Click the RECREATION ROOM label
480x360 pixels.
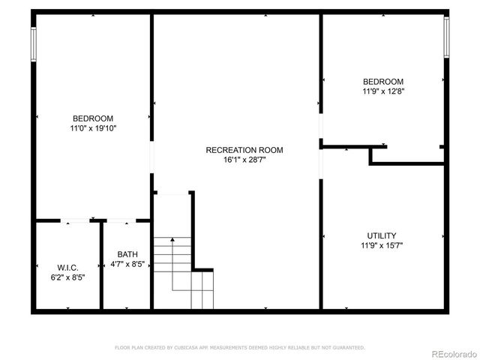(244, 150)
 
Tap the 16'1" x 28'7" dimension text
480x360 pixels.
(244, 160)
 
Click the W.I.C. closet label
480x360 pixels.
(67, 268)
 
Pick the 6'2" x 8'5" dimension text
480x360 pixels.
(67, 277)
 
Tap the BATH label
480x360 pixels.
(127, 254)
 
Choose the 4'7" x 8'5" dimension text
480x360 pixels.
(127, 264)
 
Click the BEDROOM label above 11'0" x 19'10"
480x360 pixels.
(93, 118)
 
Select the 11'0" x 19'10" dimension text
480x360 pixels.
(93, 128)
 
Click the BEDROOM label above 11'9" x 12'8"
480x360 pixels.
(383, 82)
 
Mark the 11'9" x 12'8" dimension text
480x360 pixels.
(383, 91)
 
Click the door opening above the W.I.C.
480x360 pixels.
(75, 220)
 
